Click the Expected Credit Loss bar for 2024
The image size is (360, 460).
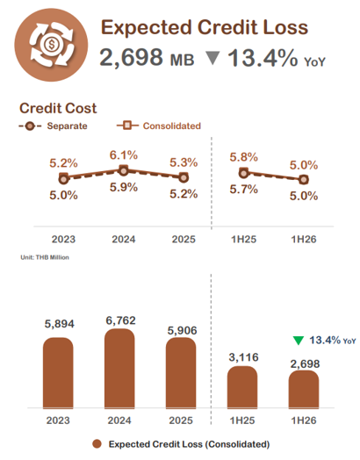[119, 369]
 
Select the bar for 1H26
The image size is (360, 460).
[304, 389]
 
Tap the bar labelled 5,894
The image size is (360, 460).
[58, 373]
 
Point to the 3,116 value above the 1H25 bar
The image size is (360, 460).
[243, 357]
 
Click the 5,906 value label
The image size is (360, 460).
[182, 331]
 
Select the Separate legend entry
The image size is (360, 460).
[53, 126]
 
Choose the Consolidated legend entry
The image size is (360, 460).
[159, 126]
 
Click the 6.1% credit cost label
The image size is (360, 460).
[124, 155]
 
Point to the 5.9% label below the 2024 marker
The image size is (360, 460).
[124, 187]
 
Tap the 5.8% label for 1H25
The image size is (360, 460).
[243, 157]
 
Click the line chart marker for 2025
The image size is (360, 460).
[184, 177]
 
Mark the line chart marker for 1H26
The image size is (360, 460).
[304, 180]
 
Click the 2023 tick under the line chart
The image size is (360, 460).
[64, 240]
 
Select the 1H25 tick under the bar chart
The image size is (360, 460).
[242, 420]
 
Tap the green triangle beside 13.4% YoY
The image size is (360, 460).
[299, 341]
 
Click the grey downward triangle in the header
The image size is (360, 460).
[212, 58]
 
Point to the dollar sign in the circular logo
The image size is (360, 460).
[52, 45]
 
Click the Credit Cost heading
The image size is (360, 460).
[58, 108]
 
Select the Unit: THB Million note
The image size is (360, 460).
[45, 257]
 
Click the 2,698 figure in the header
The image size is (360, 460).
[131, 57]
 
